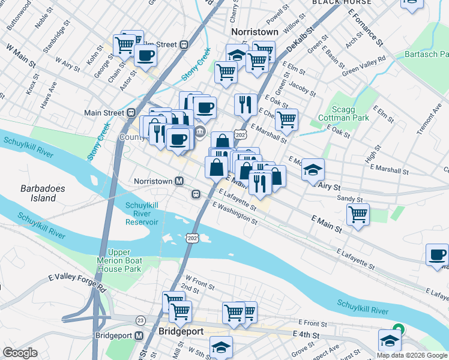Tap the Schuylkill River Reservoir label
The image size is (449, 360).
tap(142, 214)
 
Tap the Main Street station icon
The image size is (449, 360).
tap(130, 112)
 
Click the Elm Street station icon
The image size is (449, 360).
tap(184, 44)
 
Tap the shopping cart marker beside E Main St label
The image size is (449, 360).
tap(358, 214)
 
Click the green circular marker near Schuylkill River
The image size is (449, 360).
tap(397, 329)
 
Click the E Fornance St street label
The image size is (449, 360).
tap(365, 27)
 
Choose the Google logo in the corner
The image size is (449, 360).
tap(20, 352)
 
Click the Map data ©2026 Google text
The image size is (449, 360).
tap(412, 355)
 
